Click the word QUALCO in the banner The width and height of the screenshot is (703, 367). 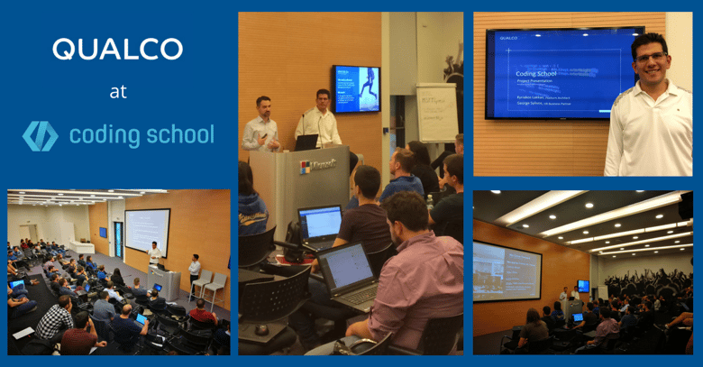[117, 50]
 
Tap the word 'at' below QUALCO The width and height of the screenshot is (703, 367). [117, 91]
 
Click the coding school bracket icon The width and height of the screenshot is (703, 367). [41, 135]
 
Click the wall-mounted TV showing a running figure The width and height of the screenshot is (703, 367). [356, 87]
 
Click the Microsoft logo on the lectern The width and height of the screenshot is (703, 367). [306, 167]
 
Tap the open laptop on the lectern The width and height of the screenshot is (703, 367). [307, 142]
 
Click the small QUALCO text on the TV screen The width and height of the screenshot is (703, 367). [507, 40]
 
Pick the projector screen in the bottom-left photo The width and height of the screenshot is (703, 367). [146, 231]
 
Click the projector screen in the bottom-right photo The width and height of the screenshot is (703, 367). [507, 271]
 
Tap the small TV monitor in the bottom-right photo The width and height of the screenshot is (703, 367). [583, 286]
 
